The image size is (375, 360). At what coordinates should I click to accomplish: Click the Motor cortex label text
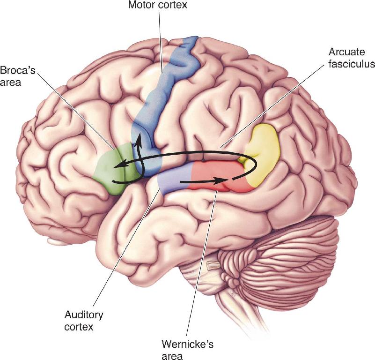(158, 5)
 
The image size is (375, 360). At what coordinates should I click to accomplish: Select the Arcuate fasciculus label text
(352, 58)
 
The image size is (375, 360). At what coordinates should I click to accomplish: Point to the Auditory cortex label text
(84, 321)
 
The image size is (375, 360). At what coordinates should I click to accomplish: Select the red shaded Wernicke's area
(218, 177)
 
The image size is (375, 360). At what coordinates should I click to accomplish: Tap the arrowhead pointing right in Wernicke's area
(222, 181)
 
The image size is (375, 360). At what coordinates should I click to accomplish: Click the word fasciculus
(352, 64)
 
